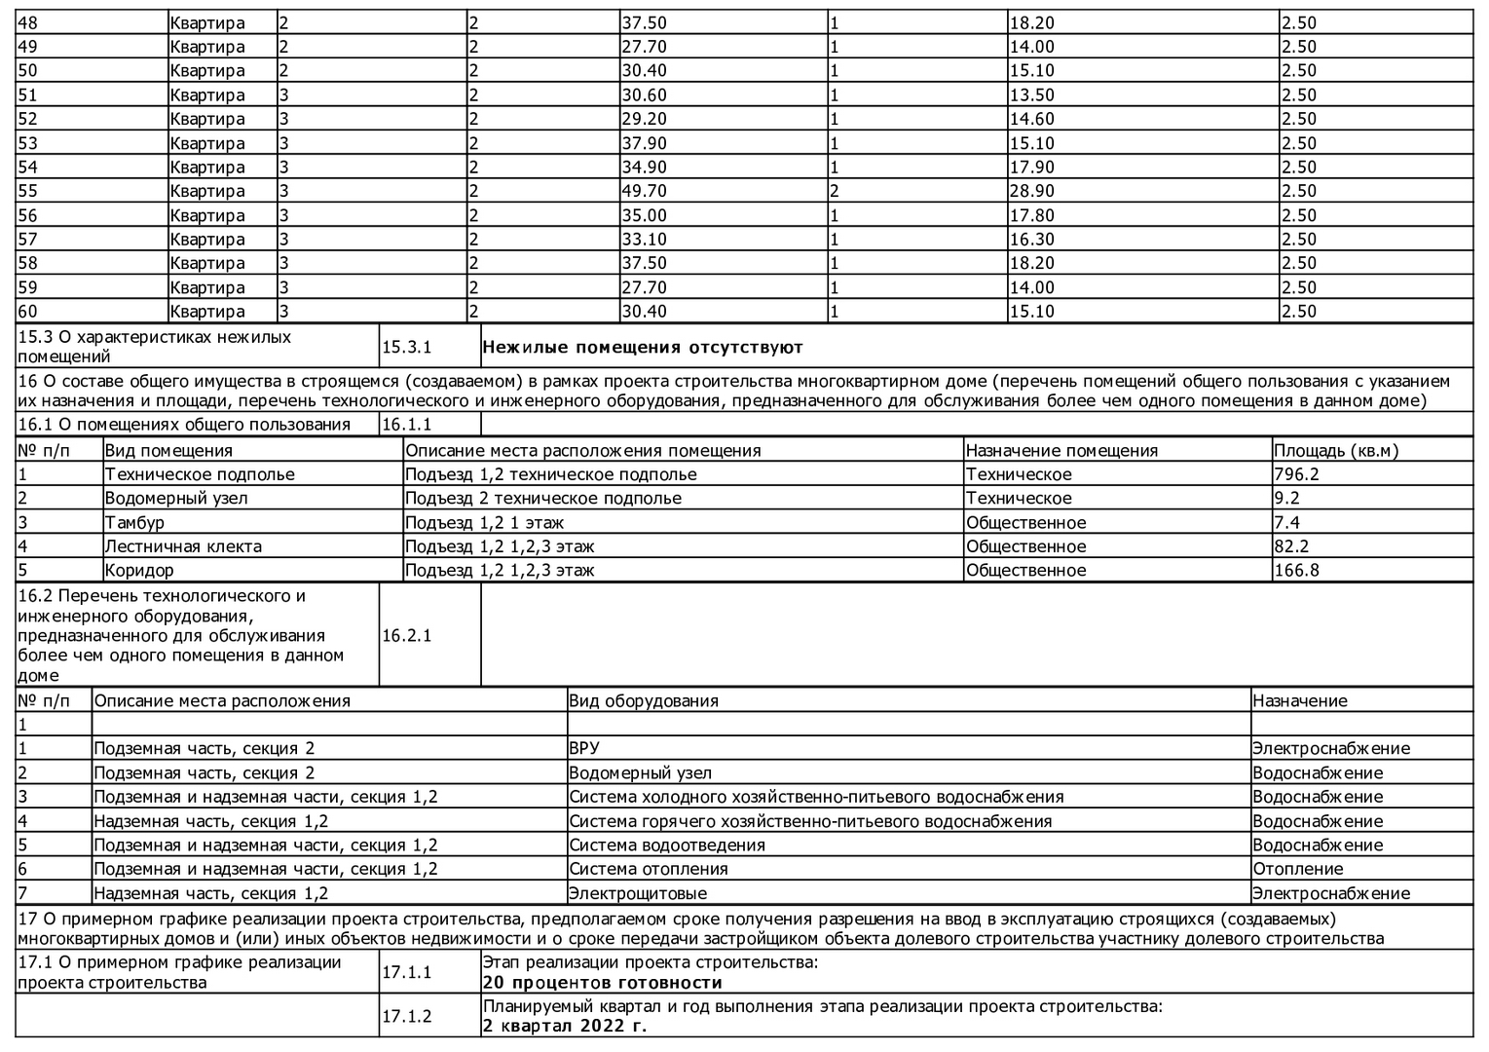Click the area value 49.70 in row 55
tap(645, 191)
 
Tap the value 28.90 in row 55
tap(1032, 191)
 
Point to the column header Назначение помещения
tap(1061, 451)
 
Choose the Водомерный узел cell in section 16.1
tap(176, 498)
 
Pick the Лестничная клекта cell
tap(183, 546)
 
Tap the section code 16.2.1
tap(407, 635)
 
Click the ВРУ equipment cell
tap(584, 748)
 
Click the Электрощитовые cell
tap(638, 893)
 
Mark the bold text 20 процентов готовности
tap(602, 982)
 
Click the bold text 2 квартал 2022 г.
tap(565, 1026)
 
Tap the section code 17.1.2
tap(407, 1016)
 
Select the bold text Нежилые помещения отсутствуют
tap(643, 347)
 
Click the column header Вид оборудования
tap(644, 700)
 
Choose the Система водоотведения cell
tap(667, 845)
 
